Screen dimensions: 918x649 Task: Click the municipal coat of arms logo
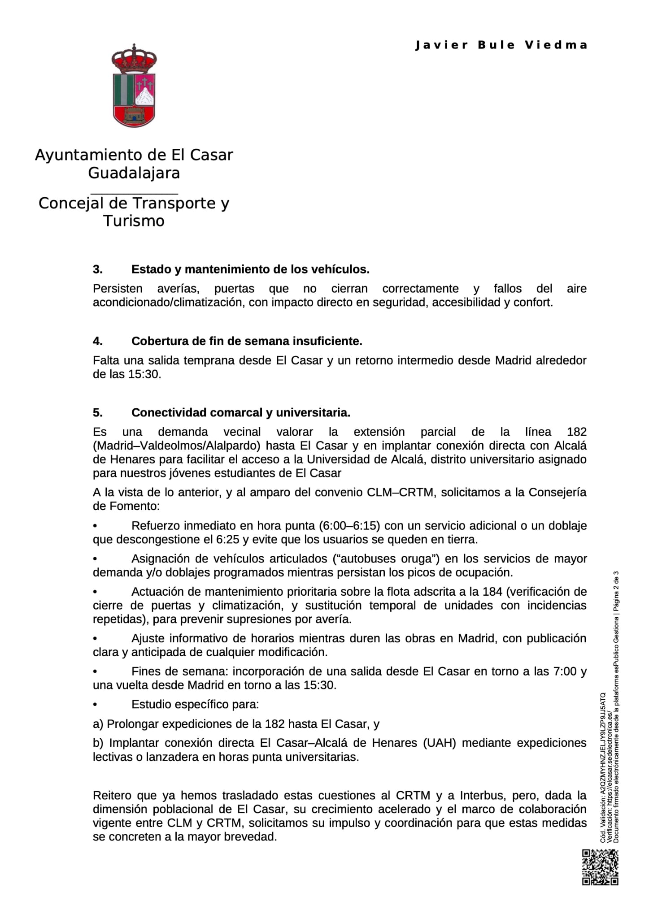click(x=134, y=86)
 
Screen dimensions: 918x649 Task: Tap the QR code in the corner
click(x=600, y=867)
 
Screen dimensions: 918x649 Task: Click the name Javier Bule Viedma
click(x=501, y=45)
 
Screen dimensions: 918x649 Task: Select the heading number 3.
click(x=98, y=269)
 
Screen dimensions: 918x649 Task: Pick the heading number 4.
click(x=98, y=341)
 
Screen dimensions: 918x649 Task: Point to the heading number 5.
click(x=98, y=412)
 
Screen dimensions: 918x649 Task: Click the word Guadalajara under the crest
click(x=134, y=173)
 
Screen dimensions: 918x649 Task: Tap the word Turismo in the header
click(x=134, y=221)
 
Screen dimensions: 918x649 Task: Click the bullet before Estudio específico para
click(x=95, y=705)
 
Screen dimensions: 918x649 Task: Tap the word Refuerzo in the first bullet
click(x=156, y=525)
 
